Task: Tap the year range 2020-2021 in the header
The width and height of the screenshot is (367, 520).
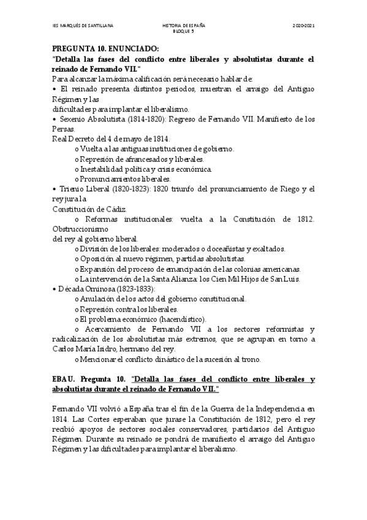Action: point(303,25)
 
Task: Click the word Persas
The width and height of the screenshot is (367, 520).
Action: point(63,129)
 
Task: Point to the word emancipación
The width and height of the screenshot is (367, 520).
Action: point(186,269)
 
